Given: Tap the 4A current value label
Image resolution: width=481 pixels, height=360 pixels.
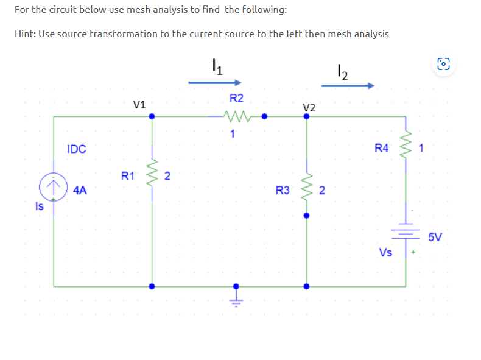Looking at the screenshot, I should (79, 190).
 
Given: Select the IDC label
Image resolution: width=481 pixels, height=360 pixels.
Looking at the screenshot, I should (77, 149).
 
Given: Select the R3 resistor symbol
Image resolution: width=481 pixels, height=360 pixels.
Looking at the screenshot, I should (306, 190).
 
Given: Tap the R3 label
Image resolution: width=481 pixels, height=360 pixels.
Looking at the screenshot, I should (283, 191).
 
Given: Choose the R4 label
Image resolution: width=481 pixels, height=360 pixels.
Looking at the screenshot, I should (381, 147).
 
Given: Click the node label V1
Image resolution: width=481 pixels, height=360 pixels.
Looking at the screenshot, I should (139, 104).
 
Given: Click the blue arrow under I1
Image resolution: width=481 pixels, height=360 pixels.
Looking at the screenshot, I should (215, 82).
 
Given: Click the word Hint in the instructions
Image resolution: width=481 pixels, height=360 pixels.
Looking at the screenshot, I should (25, 34).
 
